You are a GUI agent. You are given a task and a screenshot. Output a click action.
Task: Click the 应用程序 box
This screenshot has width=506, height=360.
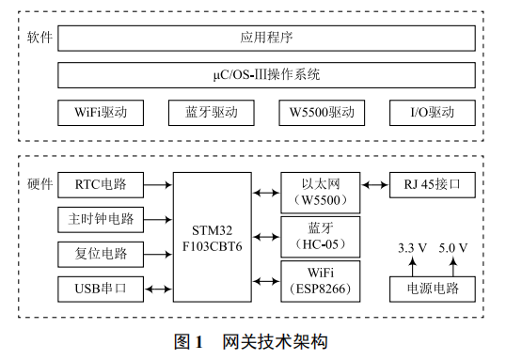(x=266, y=39)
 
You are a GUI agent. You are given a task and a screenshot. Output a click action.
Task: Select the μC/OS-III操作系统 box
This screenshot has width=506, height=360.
(x=266, y=74)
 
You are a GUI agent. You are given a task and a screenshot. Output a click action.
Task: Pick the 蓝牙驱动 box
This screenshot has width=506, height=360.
(x=212, y=113)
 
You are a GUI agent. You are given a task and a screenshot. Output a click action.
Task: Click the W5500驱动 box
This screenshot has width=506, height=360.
(x=322, y=113)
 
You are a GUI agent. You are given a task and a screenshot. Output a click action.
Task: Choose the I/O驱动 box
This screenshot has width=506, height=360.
(x=432, y=113)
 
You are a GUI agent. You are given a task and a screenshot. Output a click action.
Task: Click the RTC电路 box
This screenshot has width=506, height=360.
(x=101, y=184)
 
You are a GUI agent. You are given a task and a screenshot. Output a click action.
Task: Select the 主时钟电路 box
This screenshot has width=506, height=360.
(x=101, y=219)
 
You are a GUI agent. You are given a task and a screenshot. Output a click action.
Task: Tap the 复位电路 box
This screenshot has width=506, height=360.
(x=101, y=254)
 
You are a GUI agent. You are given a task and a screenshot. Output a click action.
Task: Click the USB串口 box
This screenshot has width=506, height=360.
(x=101, y=289)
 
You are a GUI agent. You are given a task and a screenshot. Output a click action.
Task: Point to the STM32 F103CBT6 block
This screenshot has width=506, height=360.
(x=212, y=236)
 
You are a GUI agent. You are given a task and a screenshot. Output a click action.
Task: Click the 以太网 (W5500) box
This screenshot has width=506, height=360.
(x=321, y=192)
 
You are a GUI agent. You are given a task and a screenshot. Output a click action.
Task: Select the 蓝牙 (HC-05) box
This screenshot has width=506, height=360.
(x=321, y=236)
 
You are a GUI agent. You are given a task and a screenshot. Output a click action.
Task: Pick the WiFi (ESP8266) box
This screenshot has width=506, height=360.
(x=321, y=280)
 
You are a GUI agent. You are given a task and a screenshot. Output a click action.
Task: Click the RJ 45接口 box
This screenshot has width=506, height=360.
(x=432, y=184)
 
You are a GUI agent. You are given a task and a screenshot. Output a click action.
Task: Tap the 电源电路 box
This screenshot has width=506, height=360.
(x=432, y=289)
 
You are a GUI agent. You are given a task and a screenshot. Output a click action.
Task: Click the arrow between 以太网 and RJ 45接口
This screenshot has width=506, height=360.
(x=376, y=184)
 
